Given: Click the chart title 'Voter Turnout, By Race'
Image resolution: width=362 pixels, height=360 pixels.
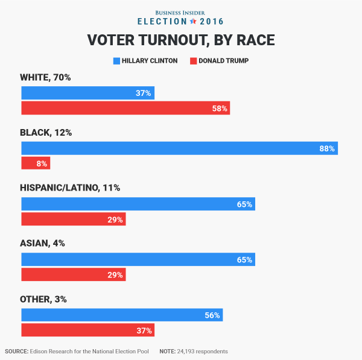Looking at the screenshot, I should [x=181, y=40].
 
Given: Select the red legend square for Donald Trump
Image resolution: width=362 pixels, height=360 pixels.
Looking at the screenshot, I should [x=194, y=61].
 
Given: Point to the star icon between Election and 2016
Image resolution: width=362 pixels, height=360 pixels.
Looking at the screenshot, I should [x=193, y=21].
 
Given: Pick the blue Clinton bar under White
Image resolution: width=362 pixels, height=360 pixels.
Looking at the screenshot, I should [x=87, y=93].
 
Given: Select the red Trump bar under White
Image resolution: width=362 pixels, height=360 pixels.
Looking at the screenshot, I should [x=125, y=109].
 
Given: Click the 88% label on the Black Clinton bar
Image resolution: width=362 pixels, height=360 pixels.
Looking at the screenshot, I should [x=327, y=148].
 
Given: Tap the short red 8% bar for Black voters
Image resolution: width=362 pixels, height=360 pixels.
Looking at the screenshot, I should [x=36, y=163].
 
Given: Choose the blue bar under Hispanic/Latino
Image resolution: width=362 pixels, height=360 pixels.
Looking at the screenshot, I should [x=138, y=204].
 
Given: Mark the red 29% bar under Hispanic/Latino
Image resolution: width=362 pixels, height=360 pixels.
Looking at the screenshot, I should [x=73, y=219].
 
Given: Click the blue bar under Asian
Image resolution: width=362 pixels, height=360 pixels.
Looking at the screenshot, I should [x=138, y=259].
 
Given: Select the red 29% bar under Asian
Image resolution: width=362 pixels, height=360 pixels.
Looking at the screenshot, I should [x=73, y=275].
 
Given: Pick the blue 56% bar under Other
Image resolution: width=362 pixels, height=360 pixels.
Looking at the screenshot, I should [x=122, y=315].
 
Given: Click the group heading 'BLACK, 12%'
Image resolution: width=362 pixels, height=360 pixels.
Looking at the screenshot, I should [x=46, y=132].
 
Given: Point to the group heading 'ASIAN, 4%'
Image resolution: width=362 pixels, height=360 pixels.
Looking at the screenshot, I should [x=42, y=243].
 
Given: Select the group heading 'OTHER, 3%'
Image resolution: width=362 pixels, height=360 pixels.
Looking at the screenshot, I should [x=43, y=298].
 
